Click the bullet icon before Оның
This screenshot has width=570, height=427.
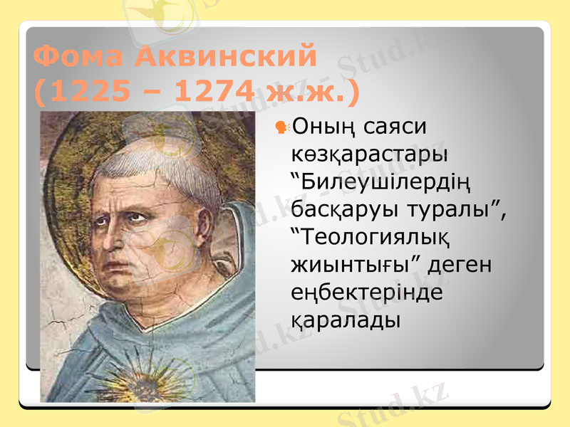tap(281, 127)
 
